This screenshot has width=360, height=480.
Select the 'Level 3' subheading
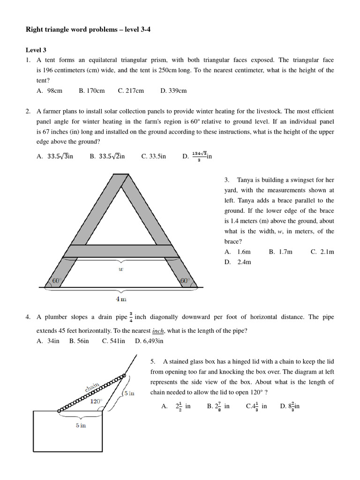36,50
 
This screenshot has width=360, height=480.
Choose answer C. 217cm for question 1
131,91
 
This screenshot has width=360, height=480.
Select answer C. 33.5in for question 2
154,156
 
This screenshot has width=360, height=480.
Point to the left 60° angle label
56,281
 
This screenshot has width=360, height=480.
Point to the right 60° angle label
185,281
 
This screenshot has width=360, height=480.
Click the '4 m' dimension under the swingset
121,299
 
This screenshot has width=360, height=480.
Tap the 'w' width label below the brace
120,269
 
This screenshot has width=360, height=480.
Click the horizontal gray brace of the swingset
121,251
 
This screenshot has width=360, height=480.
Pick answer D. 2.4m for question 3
238,262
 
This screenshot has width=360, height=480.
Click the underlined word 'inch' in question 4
157,331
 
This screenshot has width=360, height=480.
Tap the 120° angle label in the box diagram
96,401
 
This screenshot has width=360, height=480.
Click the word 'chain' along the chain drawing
91,387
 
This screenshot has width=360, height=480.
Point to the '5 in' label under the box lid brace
81,425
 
